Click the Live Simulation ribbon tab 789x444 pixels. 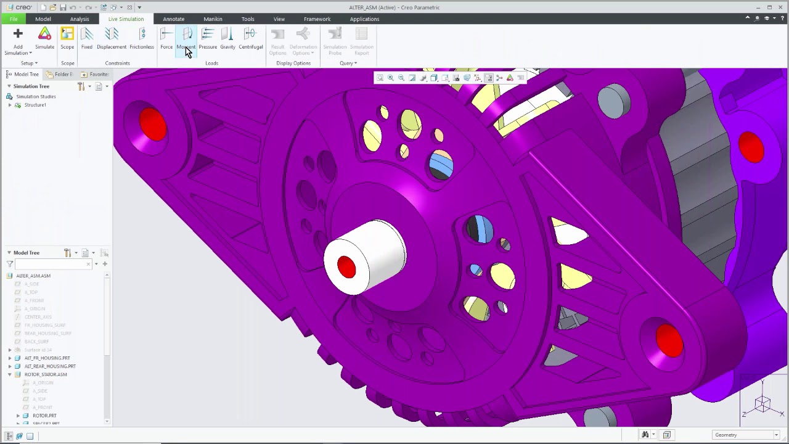point(126,19)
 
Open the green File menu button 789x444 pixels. point(14,19)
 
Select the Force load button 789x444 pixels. point(166,38)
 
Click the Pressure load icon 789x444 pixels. point(208,38)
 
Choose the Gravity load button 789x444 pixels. point(227,38)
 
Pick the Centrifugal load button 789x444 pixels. point(250,38)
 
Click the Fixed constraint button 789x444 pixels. point(87,38)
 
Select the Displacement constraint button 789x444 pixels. point(112,38)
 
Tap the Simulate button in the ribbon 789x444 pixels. point(44,38)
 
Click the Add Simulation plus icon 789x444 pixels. point(18,34)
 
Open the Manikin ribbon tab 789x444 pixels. point(213,19)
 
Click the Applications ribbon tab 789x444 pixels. point(364,19)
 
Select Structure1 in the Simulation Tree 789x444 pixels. point(35,105)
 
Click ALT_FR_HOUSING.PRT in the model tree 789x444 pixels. point(47,358)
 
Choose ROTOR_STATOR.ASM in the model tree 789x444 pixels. point(46,374)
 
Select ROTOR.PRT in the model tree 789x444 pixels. point(44,416)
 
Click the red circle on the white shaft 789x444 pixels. point(346,267)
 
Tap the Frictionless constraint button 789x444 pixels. point(142,38)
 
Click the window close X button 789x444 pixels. point(781,7)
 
